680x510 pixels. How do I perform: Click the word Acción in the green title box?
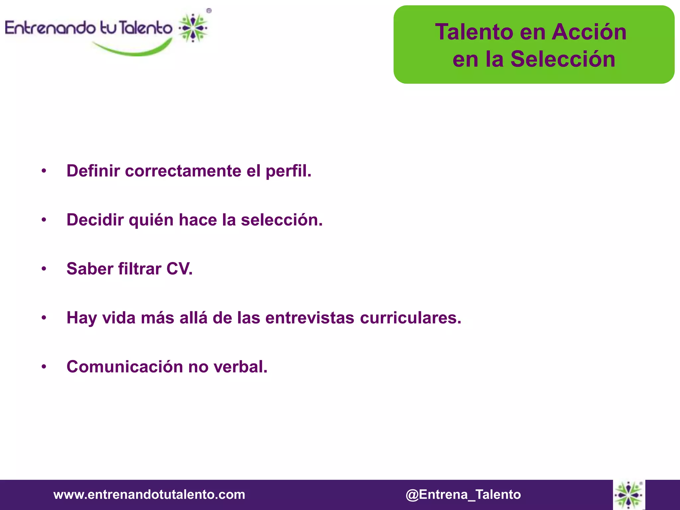point(589,32)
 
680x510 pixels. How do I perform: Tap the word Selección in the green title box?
point(563,59)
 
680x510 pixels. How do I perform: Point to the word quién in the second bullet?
point(151,220)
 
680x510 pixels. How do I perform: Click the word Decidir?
point(95,220)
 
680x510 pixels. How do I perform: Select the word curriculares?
point(410,318)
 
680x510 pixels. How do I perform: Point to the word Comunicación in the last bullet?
point(125,367)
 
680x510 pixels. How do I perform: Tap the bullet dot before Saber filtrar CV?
point(44,269)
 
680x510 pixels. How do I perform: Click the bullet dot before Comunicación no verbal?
point(44,367)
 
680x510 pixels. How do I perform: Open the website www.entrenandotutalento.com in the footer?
point(149,495)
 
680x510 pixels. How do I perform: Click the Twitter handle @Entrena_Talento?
point(463,495)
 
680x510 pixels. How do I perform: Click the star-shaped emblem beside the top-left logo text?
point(193,28)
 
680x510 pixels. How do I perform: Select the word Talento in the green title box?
point(474,32)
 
